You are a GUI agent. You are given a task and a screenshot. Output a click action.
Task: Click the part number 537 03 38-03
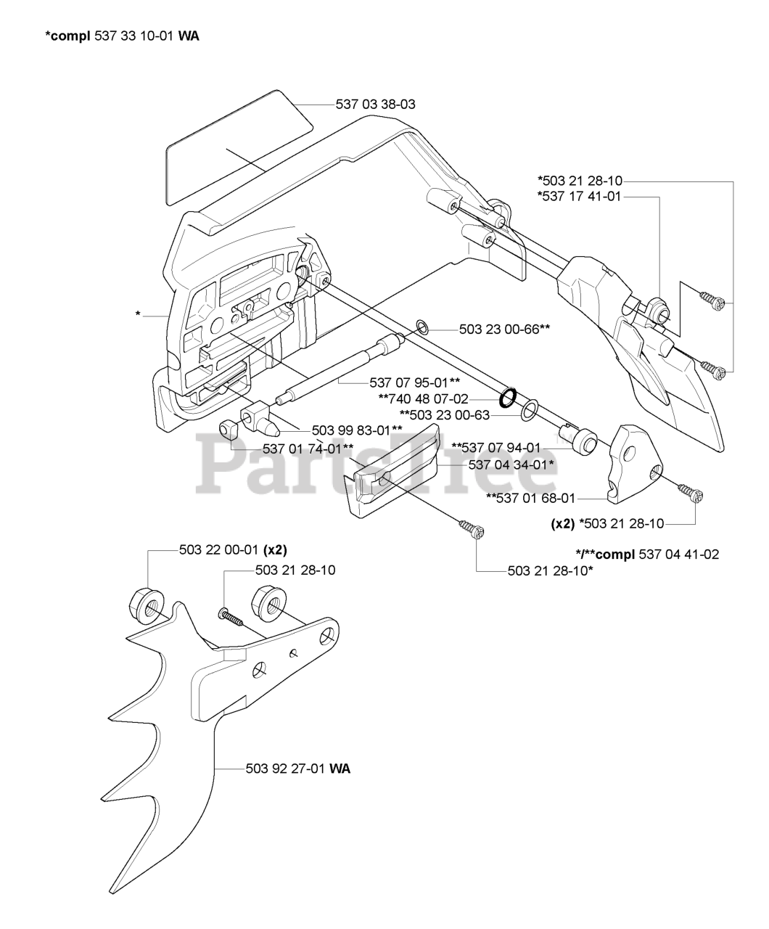point(375,105)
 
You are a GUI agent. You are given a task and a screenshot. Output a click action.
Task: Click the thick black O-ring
point(508,397)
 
